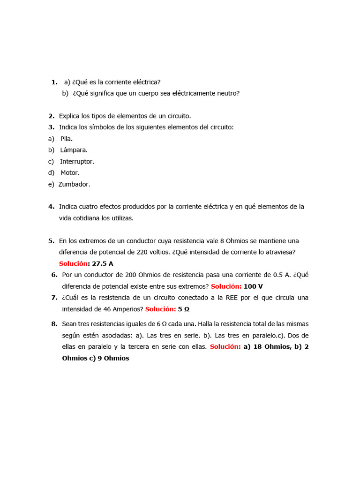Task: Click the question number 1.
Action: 54,82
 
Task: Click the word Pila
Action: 66,139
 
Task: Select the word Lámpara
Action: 74,150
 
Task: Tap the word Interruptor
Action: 77,161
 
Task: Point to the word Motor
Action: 70,173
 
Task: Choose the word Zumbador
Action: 74,184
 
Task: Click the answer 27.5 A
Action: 103,264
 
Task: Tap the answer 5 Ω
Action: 184,309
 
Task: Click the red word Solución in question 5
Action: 74,264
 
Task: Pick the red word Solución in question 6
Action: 226,286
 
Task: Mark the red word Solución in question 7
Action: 160,309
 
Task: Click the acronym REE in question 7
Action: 232,298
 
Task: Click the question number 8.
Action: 54,324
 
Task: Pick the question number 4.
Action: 51,207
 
